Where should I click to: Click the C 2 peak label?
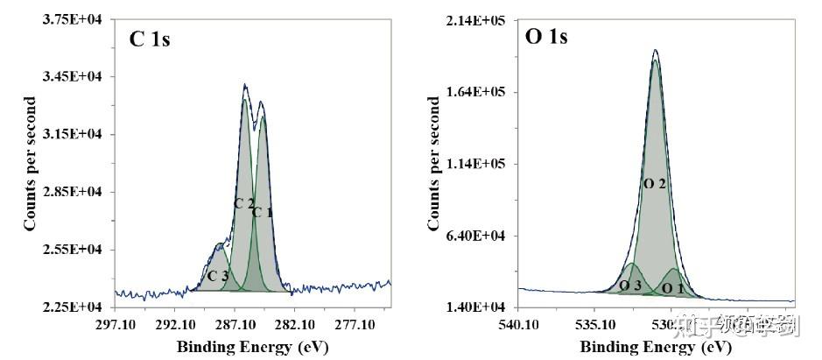click(x=243, y=204)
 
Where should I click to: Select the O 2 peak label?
click(x=655, y=184)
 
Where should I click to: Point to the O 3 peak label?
click(x=630, y=286)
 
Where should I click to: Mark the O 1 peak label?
click(x=672, y=286)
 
